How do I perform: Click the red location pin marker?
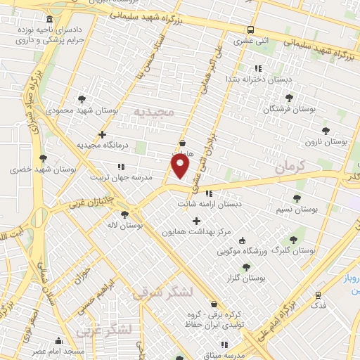click(x=181, y=167)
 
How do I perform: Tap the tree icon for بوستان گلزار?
click(x=245, y=267)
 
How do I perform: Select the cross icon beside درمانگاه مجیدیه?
click(x=103, y=134)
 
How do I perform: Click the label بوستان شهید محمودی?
click(x=75, y=110)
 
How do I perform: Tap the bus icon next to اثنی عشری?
click(x=250, y=30)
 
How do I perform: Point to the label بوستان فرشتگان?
click(x=290, y=109)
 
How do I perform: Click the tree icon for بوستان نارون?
click(x=326, y=131)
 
